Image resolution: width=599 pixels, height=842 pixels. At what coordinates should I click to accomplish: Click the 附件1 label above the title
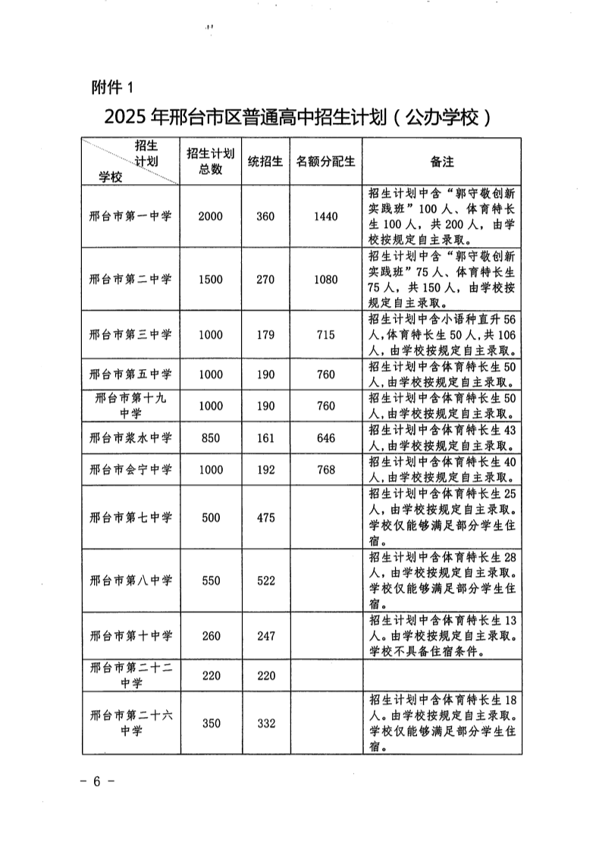[x=111, y=88]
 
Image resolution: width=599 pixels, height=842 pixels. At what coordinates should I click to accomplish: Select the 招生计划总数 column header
[x=210, y=161]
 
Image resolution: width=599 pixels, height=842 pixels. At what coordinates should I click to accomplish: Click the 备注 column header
[x=442, y=161]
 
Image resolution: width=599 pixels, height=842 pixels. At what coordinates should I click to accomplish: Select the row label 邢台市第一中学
[x=130, y=216]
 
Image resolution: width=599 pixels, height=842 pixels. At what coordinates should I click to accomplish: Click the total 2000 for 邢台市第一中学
[x=210, y=216]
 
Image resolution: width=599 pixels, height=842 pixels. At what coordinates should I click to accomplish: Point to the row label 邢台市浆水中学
[x=130, y=438]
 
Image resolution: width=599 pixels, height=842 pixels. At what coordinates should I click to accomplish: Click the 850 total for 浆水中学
[x=210, y=438]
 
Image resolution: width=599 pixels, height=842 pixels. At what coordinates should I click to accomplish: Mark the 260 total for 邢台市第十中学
[x=210, y=636]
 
